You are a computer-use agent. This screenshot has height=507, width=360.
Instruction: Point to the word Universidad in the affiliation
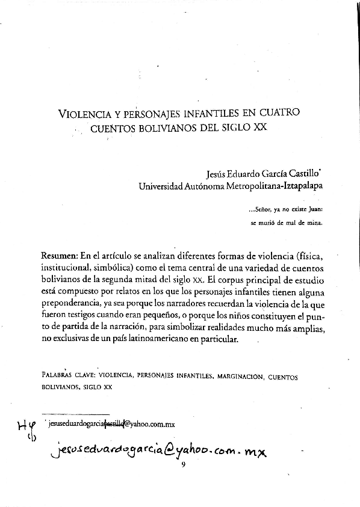point(164,186)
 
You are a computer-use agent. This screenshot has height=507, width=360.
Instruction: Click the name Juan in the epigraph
point(314,210)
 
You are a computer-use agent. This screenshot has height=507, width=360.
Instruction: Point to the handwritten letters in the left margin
point(25,430)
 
